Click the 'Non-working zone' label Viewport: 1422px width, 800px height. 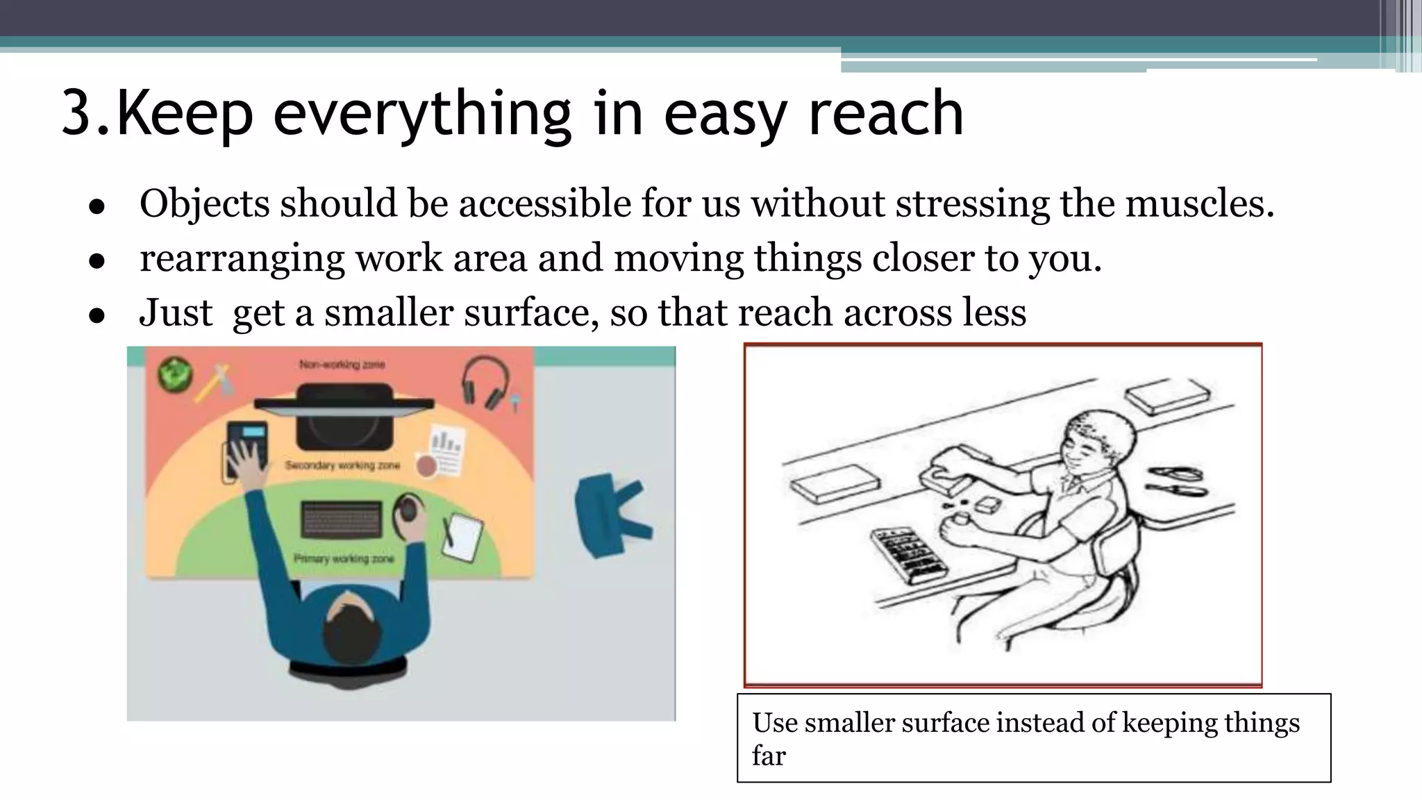(x=342, y=365)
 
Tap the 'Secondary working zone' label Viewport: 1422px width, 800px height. (x=342, y=465)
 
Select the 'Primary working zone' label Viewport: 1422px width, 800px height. (x=343, y=558)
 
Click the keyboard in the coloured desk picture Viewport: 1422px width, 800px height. (x=342, y=520)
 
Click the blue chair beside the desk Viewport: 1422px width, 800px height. (x=611, y=514)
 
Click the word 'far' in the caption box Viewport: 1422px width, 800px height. (x=769, y=756)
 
